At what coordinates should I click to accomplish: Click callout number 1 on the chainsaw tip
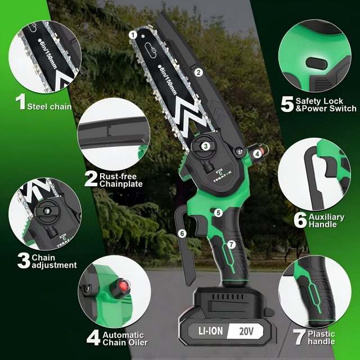(x=133, y=35)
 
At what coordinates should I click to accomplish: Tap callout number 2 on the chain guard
(x=199, y=73)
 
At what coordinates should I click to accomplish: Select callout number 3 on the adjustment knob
(x=205, y=146)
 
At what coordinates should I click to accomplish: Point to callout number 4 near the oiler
(x=258, y=154)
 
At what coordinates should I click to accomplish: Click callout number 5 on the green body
(x=218, y=213)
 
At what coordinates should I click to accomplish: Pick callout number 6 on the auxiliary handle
(x=182, y=234)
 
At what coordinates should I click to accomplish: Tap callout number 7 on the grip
(x=231, y=245)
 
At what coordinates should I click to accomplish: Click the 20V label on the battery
(x=246, y=331)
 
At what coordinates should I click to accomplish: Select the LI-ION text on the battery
(x=210, y=331)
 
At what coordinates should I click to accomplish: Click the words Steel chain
(x=49, y=107)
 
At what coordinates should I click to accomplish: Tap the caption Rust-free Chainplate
(x=121, y=180)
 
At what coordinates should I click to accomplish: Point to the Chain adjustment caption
(x=54, y=261)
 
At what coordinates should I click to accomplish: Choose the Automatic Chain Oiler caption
(x=125, y=339)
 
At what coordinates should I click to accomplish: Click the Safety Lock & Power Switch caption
(x=326, y=105)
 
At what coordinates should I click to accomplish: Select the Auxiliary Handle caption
(x=326, y=220)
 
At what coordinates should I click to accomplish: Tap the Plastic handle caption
(x=321, y=337)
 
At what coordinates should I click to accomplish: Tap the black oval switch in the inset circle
(x=316, y=64)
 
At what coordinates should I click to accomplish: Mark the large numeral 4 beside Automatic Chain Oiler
(x=93, y=337)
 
